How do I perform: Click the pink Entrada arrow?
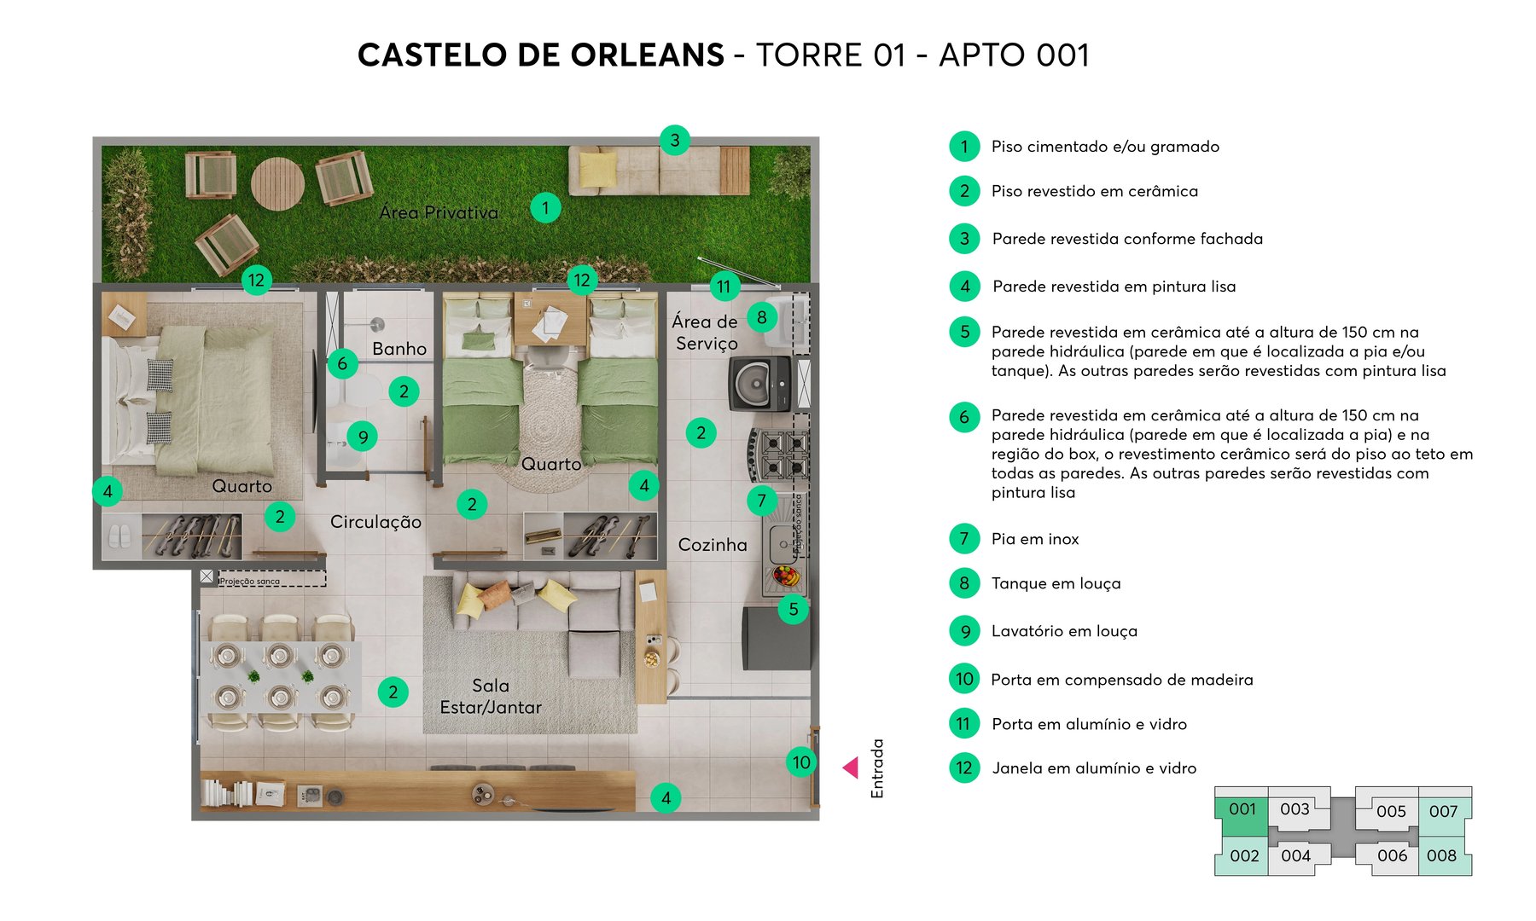[851, 767]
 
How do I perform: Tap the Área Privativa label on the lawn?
[439, 212]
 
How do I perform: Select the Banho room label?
[399, 349]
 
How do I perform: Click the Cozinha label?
[713, 545]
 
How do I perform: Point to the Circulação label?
[375, 522]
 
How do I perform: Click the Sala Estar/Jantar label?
[491, 697]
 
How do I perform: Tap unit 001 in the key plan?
[1242, 809]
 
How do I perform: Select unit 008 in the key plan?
[1442, 855]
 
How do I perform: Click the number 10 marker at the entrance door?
[800, 762]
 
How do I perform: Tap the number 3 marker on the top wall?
[674, 140]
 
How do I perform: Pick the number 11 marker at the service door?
[724, 287]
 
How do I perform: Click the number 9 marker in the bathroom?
[363, 437]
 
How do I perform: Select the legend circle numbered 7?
[964, 539]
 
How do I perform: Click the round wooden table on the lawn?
[277, 182]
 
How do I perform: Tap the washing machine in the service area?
[759, 384]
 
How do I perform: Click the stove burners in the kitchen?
[777, 454]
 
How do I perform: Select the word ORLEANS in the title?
[648, 55]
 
